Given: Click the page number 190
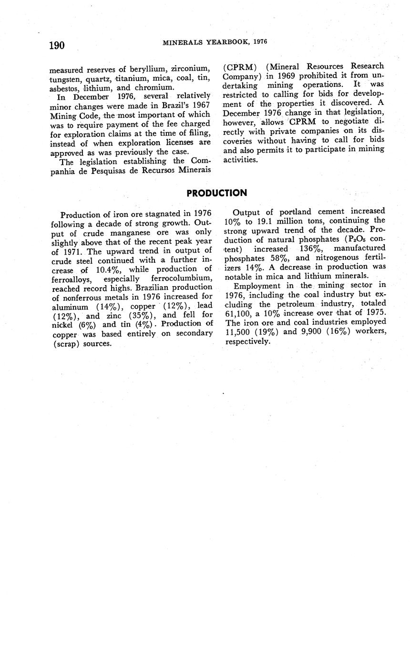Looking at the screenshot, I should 57,45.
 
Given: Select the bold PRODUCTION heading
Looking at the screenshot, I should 216,193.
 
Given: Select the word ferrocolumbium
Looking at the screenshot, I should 182,278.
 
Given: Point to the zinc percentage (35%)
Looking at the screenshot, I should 144,315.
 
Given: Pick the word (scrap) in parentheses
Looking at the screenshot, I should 67,343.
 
